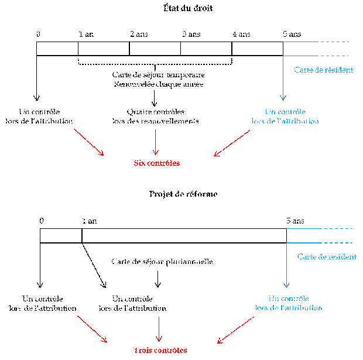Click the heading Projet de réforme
(x=183, y=194)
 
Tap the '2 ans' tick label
(x=139, y=35)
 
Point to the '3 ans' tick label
(x=191, y=35)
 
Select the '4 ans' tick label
(x=241, y=35)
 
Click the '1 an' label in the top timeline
(x=86, y=35)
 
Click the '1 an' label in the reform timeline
(x=90, y=221)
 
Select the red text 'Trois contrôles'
(x=159, y=350)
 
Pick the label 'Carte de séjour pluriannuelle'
(x=161, y=261)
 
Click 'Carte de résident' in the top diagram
(x=323, y=70)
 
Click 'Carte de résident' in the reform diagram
(x=326, y=257)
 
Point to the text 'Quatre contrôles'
(x=155, y=112)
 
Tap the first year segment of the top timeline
(x=57, y=49)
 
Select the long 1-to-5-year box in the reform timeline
(x=184, y=235)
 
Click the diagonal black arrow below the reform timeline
(x=94, y=264)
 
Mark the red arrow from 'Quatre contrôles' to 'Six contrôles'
(x=155, y=140)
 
